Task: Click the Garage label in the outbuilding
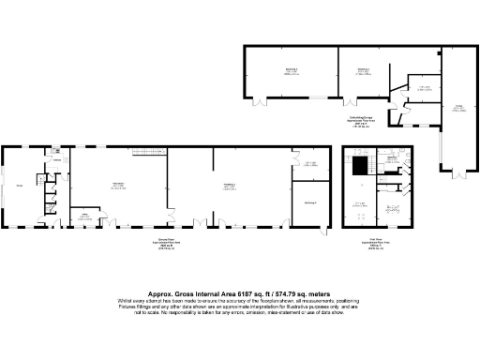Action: click(459, 107)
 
